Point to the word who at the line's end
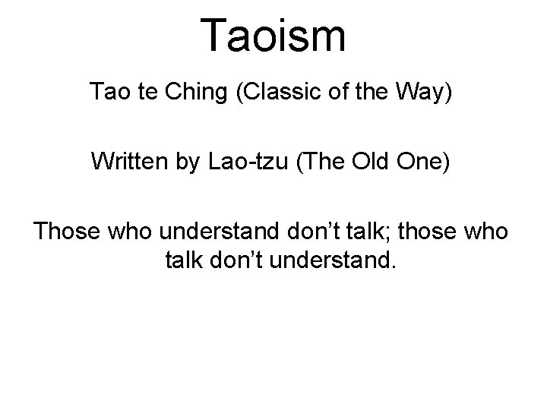(x=487, y=230)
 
